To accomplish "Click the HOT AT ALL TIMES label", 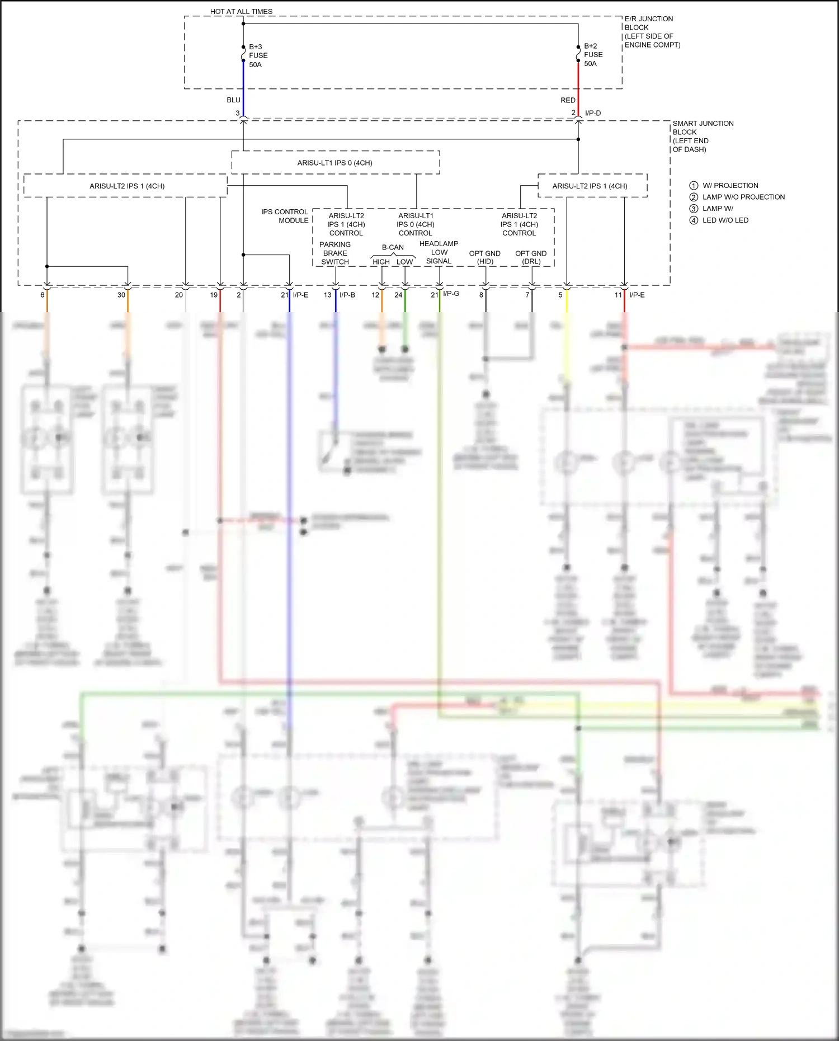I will click(x=241, y=11).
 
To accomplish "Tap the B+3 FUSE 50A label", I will click(x=258, y=55).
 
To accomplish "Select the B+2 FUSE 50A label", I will click(x=593, y=55).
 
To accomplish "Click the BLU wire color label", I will click(x=233, y=100).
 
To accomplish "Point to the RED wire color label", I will click(x=568, y=100).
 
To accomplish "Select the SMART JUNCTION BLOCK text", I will click(x=703, y=136).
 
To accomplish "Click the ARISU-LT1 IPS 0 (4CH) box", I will click(x=335, y=163).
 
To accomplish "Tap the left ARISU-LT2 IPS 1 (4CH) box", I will click(x=127, y=186).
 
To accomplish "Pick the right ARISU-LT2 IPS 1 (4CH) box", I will click(x=590, y=186).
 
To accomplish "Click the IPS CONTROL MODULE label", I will click(x=285, y=216).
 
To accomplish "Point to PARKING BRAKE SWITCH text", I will click(x=334, y=253).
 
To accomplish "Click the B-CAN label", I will click(x=393, y=247).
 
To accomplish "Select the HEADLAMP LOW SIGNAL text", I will click(x=439, y=252).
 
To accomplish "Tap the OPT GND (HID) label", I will click(x=484, y=257).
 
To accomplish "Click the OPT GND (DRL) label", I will click(x=530, y=257).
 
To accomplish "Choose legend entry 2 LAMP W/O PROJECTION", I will click(x=737, y=197).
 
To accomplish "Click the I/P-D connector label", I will click(x=593, y=113).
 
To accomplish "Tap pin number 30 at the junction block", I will click(x=121, y=295).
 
